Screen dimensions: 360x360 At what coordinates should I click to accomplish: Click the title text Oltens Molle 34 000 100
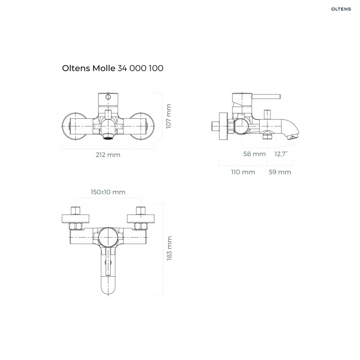pos(112,68)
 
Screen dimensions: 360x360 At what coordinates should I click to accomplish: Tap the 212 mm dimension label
pos(108,155)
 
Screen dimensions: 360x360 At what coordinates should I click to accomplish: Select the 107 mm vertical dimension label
pos(169,117)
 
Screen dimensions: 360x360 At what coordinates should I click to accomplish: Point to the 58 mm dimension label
pos(254,154)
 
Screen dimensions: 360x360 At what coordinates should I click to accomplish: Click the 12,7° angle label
pos(281,154)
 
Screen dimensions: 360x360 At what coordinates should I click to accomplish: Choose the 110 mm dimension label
pos(243,172)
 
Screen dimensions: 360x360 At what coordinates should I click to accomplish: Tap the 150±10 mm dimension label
pos(108,192)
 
